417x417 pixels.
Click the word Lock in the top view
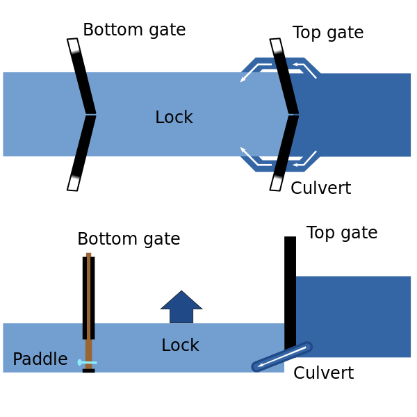click(x=174, y=117)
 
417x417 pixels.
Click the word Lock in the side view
click(x=180, y=345)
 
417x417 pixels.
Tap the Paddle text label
click(x=40, y=359)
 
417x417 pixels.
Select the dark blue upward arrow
click(x=181, y=307)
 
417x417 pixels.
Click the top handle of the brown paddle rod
click(x=88, y=255)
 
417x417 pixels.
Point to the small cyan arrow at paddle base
click(x=87, y=362)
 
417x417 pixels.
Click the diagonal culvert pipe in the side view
click(x=281, y=357)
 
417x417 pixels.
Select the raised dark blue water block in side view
click(x=353, y=316)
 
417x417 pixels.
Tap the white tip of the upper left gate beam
click(x=73, y=45)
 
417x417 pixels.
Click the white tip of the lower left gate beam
click(x=73, y=183)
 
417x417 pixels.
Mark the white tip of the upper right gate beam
click(x=276, y=45)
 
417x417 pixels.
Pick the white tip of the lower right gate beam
click(x=276, y=183)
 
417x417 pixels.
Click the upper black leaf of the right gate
click(x=286, y=87)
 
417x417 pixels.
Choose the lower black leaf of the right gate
click(x=286, y=142)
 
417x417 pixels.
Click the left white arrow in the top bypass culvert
click(x=254, y=71)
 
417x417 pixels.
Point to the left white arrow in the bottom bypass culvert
click(x=254, y=157)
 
